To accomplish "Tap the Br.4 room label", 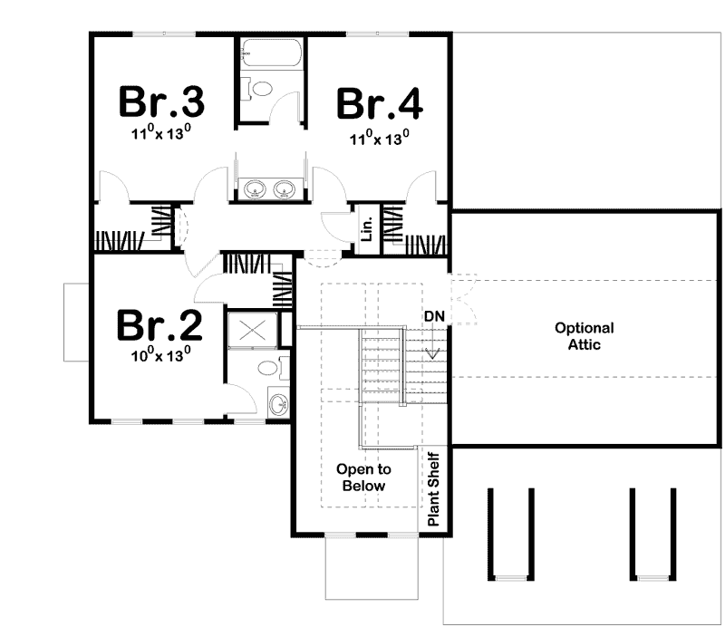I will click(379, 103).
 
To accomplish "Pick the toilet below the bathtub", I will click(259, 89).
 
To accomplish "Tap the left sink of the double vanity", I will click(255, 190).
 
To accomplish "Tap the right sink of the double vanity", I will click(285, 190).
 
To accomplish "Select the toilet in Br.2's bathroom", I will click(268, 368).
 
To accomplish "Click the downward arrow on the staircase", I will click(433, 352).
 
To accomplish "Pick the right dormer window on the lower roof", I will click(652, 535).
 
